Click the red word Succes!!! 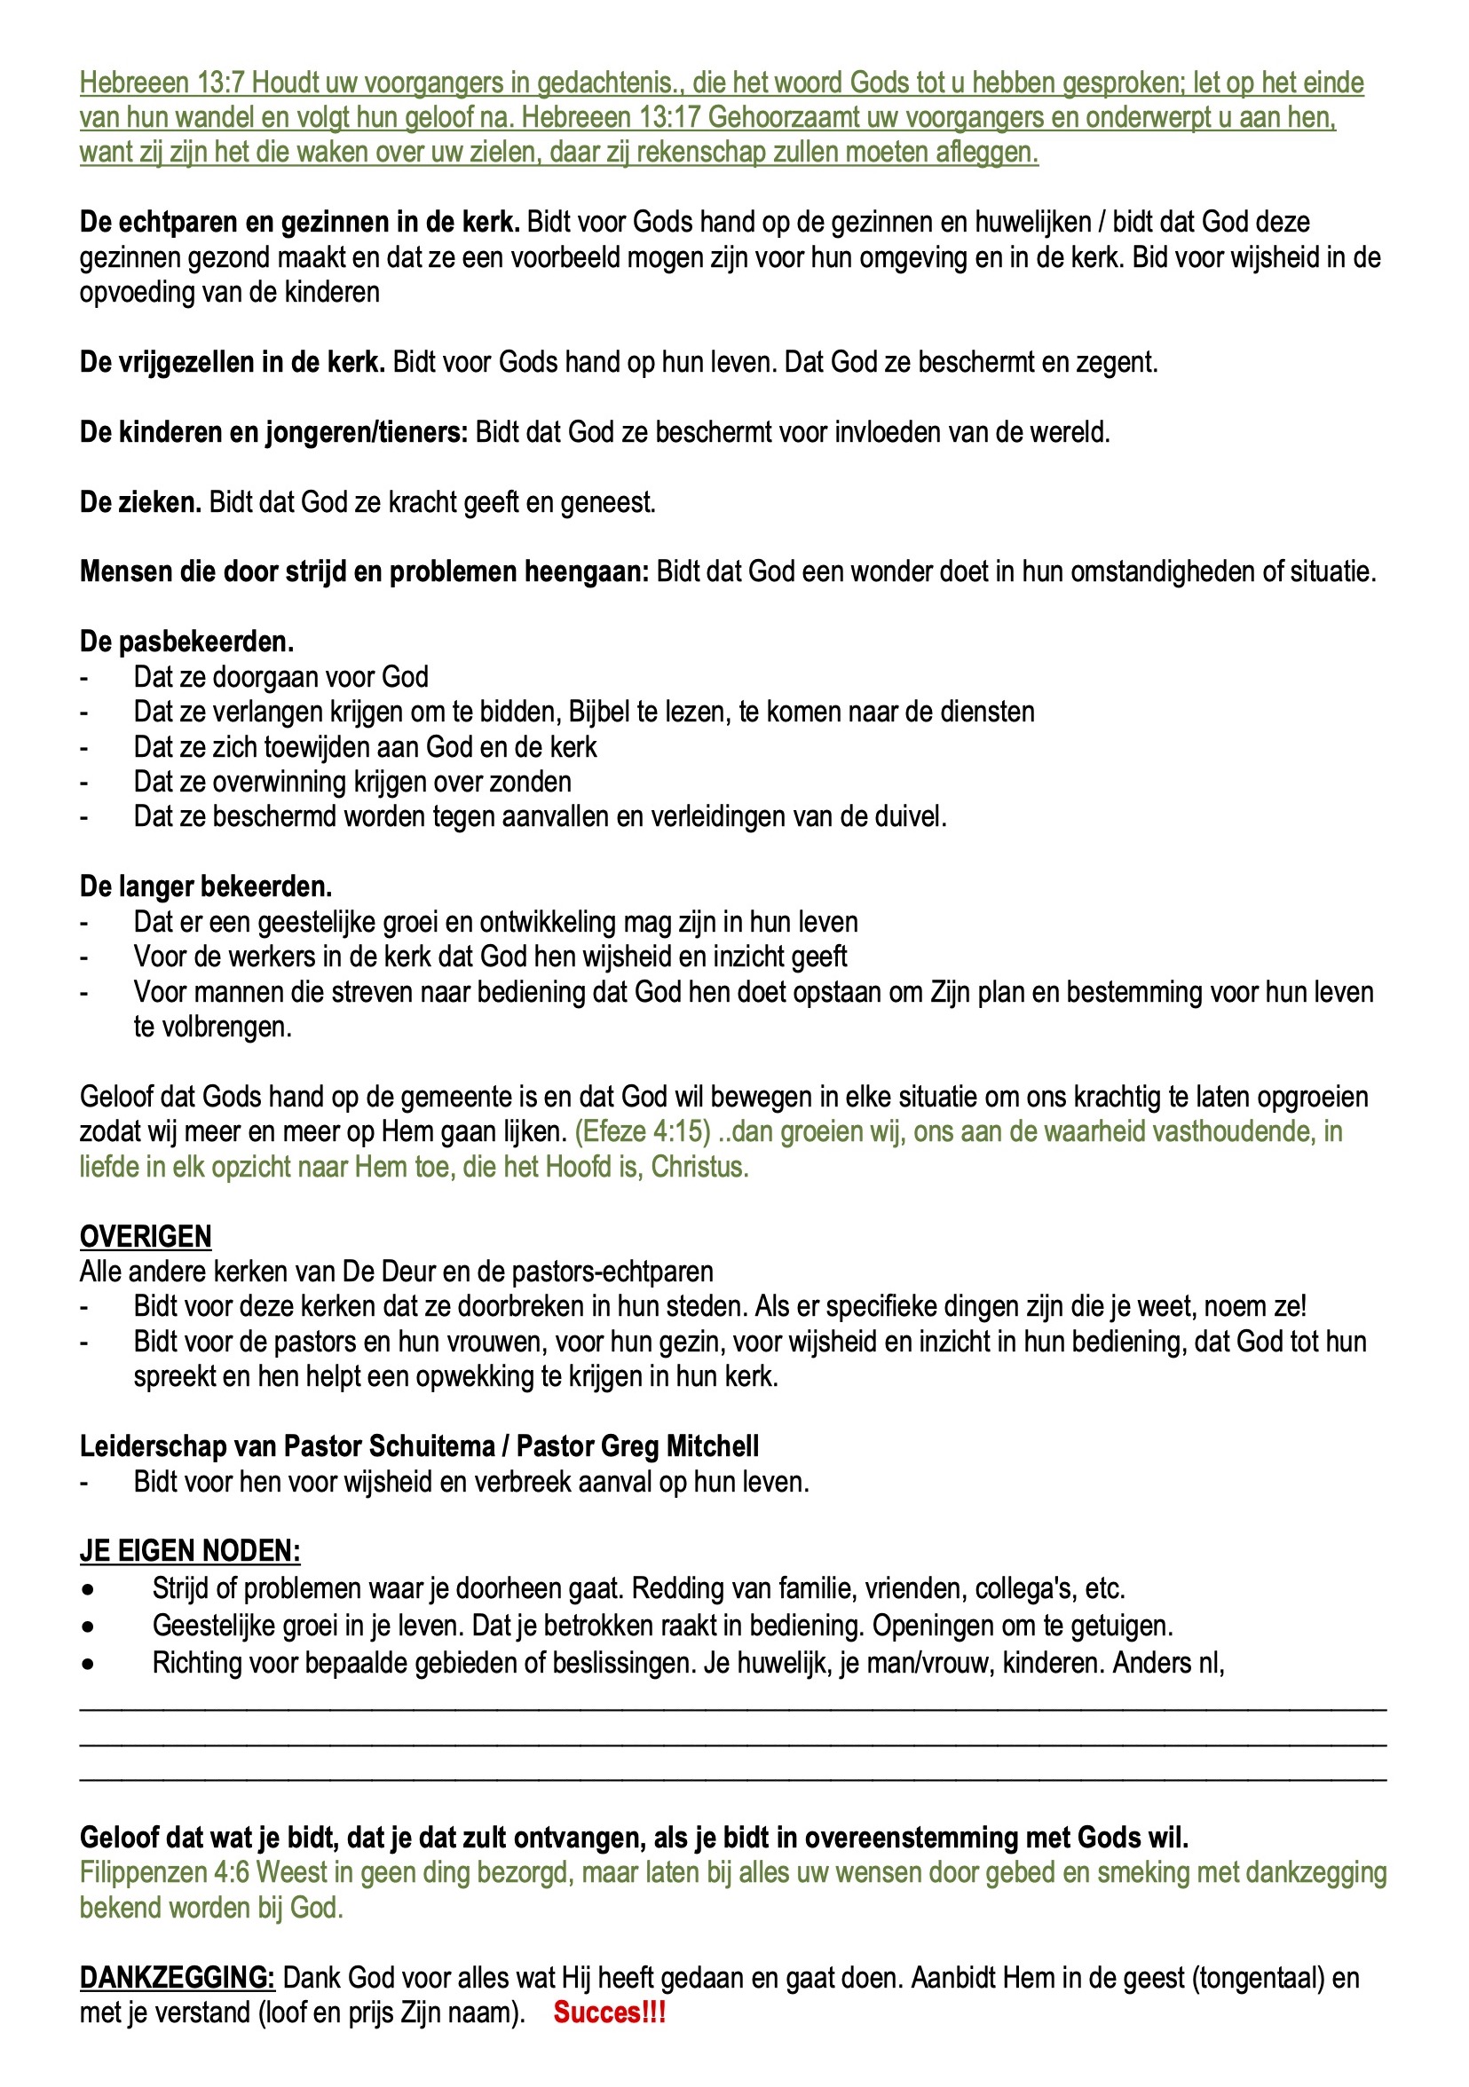(609, 2012)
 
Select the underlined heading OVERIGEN (146, 1236)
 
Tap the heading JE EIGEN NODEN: (190, 1551)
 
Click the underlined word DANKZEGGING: (178, 1978)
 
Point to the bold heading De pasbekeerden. (186, 642)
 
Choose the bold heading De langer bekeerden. (205, 886)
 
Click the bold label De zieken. (140, 501)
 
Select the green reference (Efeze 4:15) (643, 1131)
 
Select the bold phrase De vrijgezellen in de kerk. (232, 362)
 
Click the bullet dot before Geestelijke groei (87, 1626)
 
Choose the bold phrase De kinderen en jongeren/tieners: (273, 432)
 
